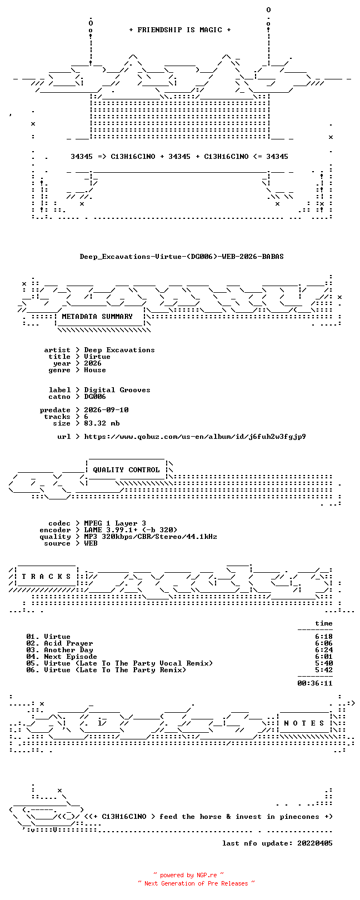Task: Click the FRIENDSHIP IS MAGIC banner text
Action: [179, 30]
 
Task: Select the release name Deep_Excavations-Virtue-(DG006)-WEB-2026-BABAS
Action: [182, 256]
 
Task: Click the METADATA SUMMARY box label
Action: [97, 316]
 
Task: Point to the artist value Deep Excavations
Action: [119, 350]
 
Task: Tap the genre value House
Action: [95, 370]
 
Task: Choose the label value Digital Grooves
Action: [117, 390]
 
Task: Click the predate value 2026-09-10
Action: [106, 410]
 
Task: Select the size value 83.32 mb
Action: [102, 423]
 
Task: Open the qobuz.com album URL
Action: [195, 436]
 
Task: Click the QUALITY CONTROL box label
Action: [126, 469]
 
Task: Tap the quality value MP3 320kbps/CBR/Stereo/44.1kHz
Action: [150, 536]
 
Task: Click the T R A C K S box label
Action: [46, 577]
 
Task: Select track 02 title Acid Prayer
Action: [68, 643]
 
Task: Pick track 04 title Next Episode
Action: [71, 657]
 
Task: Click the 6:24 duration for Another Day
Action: [324, 649]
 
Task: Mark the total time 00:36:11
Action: [315, 683]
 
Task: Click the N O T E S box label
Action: [304, 723]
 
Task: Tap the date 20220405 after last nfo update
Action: [315, 843]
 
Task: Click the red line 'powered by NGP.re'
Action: [188, 874]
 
